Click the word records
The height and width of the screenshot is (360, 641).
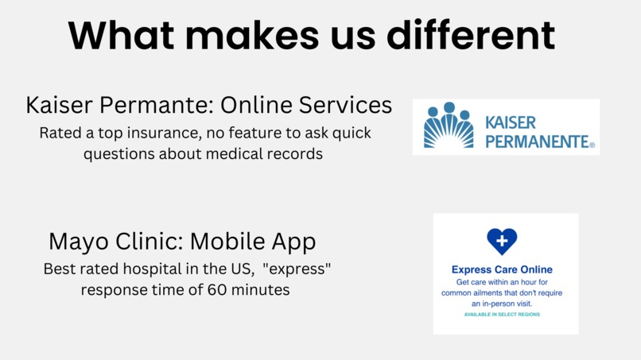pyautogui.click(x=293, y=154)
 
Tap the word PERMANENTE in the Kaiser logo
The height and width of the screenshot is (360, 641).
pyautogui.click(x=538, y=142)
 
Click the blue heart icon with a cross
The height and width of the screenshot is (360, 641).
pyautogui.click(x=502, y=241)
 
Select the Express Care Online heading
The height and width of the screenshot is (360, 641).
pyautogui.click(x=502, y=269)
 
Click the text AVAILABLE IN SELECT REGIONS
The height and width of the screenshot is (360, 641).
pyautogui.click(x=502, y=315)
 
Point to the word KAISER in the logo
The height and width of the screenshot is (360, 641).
pyautogui.click(x=510, y=123)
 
